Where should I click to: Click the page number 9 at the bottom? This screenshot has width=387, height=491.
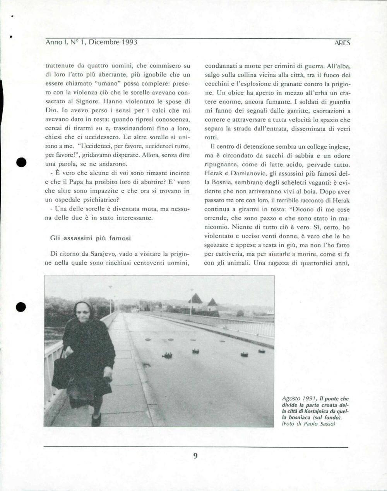point(195,456)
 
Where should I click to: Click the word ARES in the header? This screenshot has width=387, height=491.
point(342,43)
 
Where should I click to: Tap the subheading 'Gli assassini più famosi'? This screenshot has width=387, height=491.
point(91,238)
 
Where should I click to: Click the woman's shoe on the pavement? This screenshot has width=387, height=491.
point(96,420)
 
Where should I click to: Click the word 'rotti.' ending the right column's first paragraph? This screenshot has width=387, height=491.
point(212,137)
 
